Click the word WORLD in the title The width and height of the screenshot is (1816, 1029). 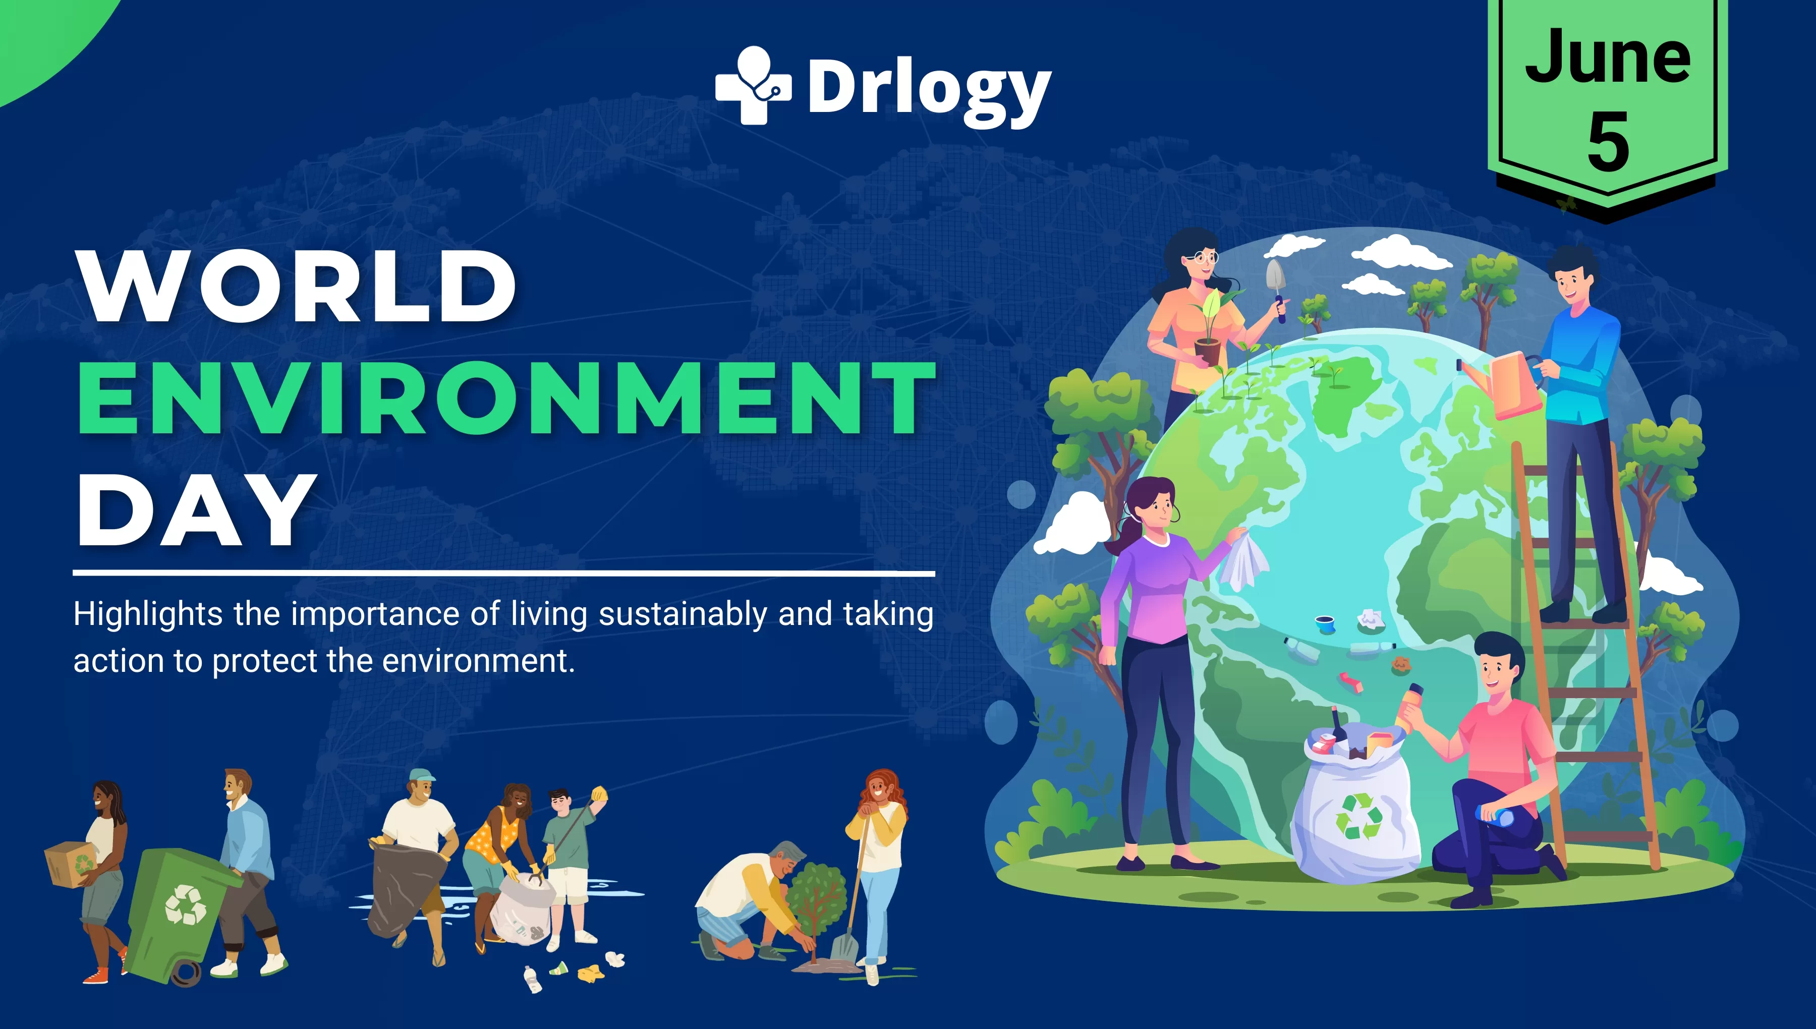coord(297,286)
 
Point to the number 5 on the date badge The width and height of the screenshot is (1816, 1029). coord(1608,141)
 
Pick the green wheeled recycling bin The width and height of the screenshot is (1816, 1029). coord(180,911)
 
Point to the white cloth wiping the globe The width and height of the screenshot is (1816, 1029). coord(1243,562)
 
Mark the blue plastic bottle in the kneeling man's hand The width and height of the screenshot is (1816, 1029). coord(1495,816)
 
